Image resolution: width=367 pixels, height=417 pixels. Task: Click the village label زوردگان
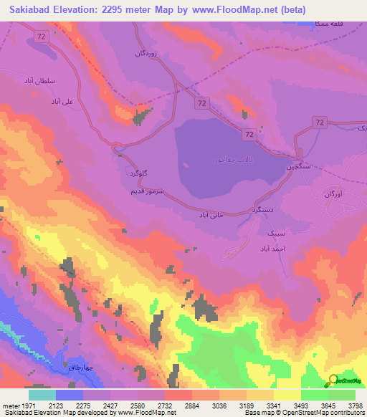pyautogui.click(x=146, y=53)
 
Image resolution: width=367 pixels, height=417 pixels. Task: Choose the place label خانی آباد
pyautogui.click(x=213, y=214)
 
